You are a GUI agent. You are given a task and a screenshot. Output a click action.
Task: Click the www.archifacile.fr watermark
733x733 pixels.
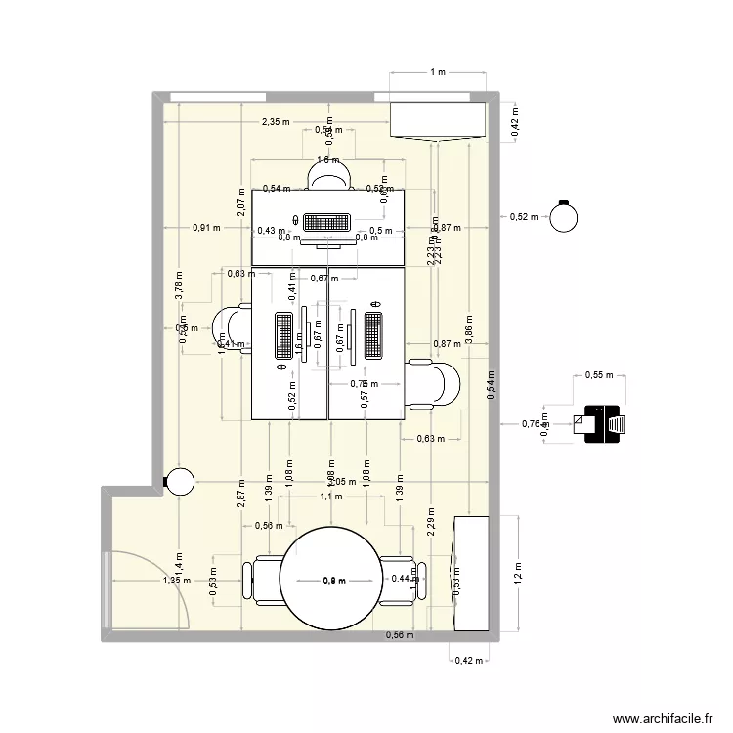[x=661, y=718]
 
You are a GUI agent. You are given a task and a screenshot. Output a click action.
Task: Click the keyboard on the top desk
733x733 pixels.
[x=327, y=223]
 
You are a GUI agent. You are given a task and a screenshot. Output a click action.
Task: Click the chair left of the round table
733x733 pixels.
[x=264, y=581]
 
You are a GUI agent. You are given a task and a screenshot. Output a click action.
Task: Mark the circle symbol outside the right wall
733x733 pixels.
[x=563, y=217]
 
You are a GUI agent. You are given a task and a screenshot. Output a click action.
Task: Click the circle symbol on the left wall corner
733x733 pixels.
[x=180, y=481]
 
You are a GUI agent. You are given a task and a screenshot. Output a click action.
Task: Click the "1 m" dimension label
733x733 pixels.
[x=437, y=72]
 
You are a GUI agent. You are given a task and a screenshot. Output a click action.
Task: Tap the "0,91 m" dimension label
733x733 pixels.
[x=206, y=227]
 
